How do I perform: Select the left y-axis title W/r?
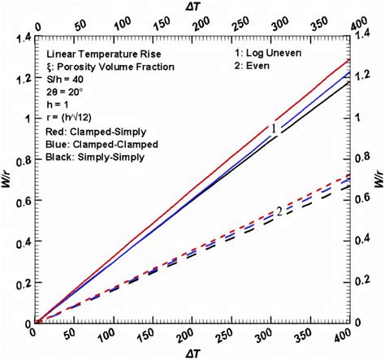[7, 181]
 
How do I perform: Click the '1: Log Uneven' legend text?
[276, 51]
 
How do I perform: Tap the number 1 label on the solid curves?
[274, 128]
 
